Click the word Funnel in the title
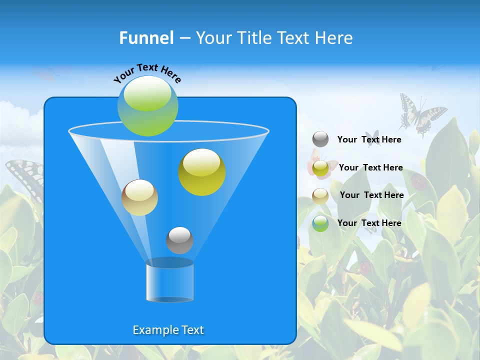pyautogui.click(x=146, y=38)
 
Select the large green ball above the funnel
pyautogui.click(x=148, y=106)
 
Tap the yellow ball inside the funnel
pyautogui.click(x=202, y=172)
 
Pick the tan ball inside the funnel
pyautogui.click(x=139, y=197)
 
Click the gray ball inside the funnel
pyautogui.click(x=179, y=240)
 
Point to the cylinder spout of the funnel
pyautogui.click(x=169, y=282)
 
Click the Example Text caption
pyautogui.click(x=168, y=330)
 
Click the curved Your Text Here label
pyautogui.click(x=147, y=72)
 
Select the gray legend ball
pyautogui.click(x=320, y=139)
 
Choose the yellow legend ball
pyautogui.click(x=320, y=168)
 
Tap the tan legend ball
pyautogui.click(x=320, y=195)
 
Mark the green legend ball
pyautogui.click(x=320, y=223)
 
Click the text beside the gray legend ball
pyautogui.click(x=369, y=140)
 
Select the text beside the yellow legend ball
pyautogui.click(x=370, y=167)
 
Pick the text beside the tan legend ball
pyautogui.click(x=371, y=195)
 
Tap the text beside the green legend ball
pyautogui.click(x=369, y=223)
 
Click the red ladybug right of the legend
pyautogui.click(x=419, y=182)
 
